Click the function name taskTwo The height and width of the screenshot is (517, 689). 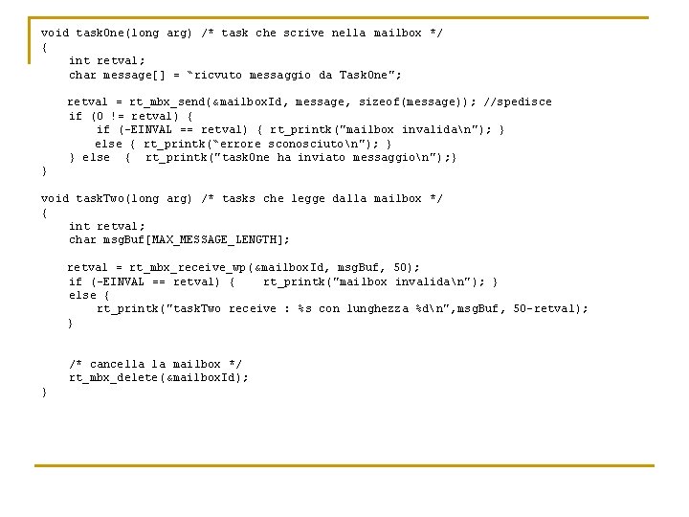[x=100, y=198]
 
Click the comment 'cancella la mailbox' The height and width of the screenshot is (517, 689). [x=155, y=364]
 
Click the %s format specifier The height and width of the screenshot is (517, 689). [x=305, y=308]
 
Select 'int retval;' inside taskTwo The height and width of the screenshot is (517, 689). [x=107, y=226]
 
